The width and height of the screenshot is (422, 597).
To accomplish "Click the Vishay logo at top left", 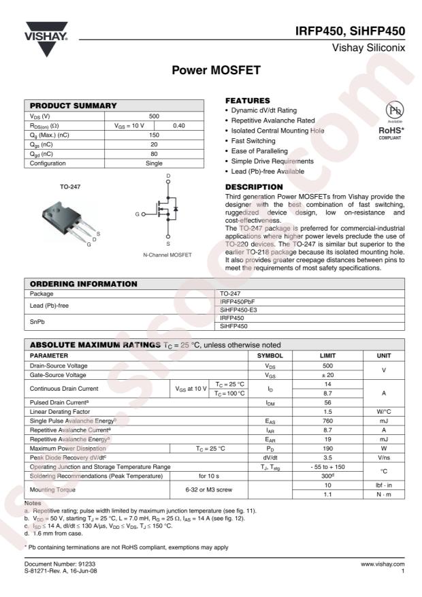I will (x=46, y=41).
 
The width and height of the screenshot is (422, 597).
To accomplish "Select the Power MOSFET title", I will (x=211, y=70).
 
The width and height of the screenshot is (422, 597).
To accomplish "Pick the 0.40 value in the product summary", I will (x=179, y=125).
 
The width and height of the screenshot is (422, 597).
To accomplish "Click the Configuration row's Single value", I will (x=154, y=163).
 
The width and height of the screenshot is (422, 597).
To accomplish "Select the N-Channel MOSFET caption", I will (x=167, y=255).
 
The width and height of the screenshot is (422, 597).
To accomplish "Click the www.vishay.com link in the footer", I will (x=383, y=564).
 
